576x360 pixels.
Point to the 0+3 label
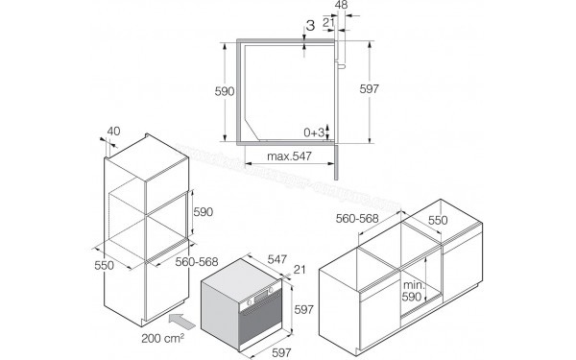click(314, 132)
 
